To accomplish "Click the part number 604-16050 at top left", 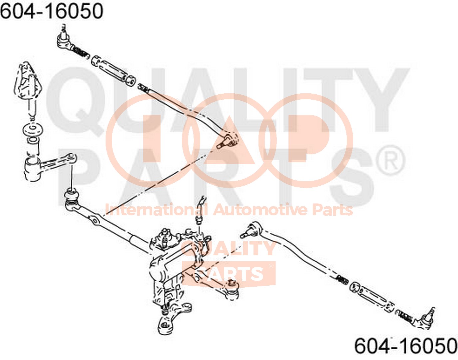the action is [x=52, y=11].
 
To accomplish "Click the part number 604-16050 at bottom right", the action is [x=406, y=348].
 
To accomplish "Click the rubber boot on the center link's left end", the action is [x=72, y=196].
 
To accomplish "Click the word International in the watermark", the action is [x=157, y=210].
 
